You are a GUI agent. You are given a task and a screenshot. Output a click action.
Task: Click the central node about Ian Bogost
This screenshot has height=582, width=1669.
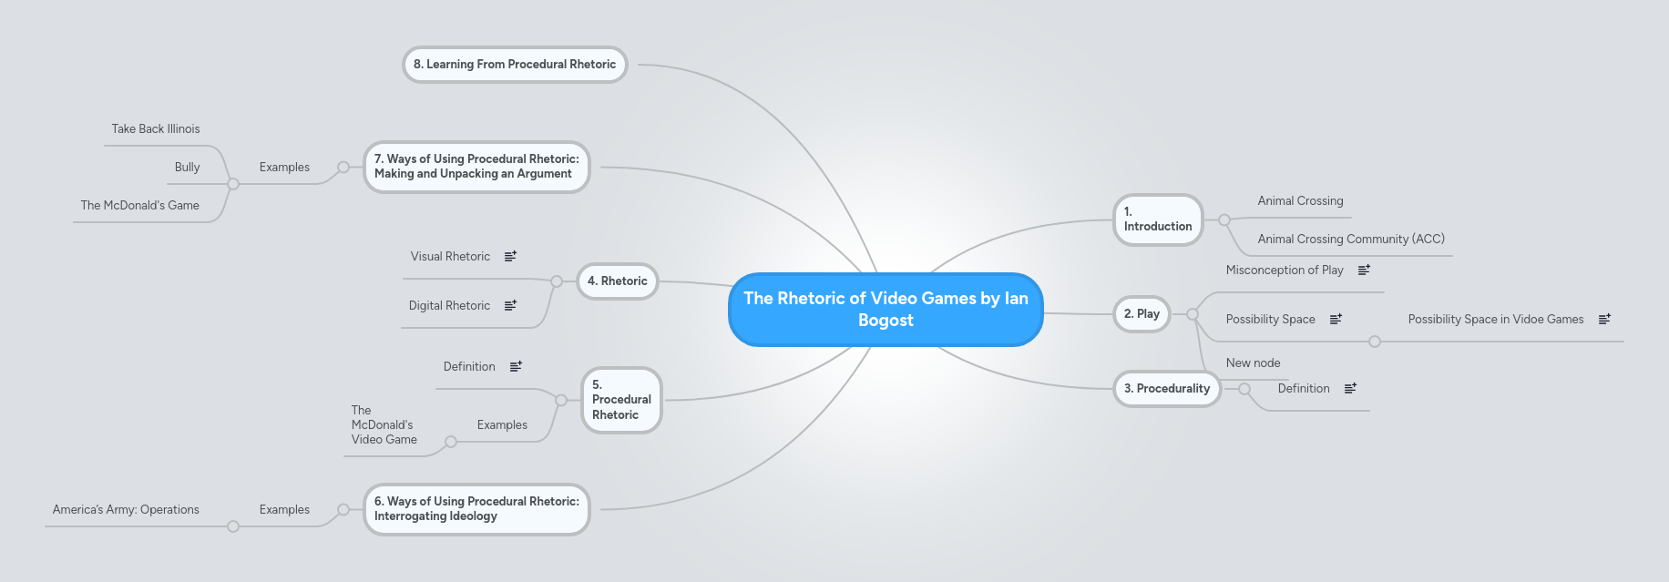886,310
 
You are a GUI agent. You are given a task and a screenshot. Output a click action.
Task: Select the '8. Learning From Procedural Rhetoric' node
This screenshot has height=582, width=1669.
515,65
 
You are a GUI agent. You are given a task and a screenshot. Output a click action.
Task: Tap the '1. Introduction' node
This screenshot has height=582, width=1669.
1158,220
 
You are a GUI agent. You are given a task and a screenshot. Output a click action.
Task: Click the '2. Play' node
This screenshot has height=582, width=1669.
1142,314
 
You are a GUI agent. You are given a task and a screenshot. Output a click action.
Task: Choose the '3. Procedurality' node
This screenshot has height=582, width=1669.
1167,389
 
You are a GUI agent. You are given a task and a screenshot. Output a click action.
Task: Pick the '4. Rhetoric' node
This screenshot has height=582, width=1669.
618,281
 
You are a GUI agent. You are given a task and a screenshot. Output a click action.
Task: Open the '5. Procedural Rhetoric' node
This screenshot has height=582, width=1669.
621,400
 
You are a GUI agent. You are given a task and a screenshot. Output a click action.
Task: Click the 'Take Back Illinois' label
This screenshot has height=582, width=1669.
156,129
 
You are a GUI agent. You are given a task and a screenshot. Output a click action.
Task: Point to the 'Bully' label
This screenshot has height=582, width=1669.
187,168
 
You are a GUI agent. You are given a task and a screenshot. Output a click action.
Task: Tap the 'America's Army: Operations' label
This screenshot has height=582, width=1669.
126,510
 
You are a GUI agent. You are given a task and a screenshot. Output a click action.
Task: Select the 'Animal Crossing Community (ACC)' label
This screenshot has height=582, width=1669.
1351,240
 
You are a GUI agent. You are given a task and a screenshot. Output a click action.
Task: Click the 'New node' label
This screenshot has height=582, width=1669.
1253,363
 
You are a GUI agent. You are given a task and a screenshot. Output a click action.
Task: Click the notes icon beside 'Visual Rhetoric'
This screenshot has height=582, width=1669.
510,257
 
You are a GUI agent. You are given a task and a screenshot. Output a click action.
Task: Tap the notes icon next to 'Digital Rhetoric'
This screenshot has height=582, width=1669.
510,306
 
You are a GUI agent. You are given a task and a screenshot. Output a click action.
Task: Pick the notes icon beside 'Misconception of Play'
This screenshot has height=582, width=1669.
1364,271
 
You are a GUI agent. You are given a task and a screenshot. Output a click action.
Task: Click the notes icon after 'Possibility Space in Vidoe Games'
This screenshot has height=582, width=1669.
1604,320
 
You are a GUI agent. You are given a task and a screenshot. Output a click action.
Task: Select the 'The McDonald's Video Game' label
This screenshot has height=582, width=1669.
384,425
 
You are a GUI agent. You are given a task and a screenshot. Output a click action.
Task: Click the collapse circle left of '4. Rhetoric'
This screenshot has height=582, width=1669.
557,281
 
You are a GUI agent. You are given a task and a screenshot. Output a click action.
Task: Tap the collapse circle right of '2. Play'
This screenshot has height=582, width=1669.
1192,314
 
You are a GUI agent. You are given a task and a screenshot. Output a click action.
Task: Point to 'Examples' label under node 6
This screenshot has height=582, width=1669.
284,510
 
